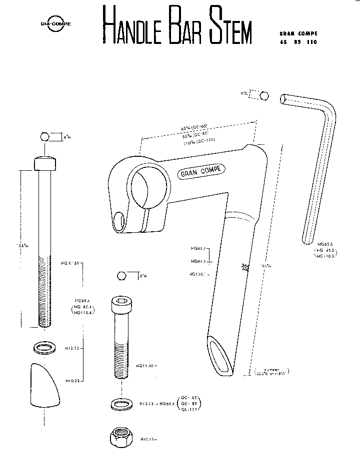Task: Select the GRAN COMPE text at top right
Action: (298, 33)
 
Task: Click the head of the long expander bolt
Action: (45, 163)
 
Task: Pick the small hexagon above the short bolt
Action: (121, 275)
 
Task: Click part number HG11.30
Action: (145, 366)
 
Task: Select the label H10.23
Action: (73, 381)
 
